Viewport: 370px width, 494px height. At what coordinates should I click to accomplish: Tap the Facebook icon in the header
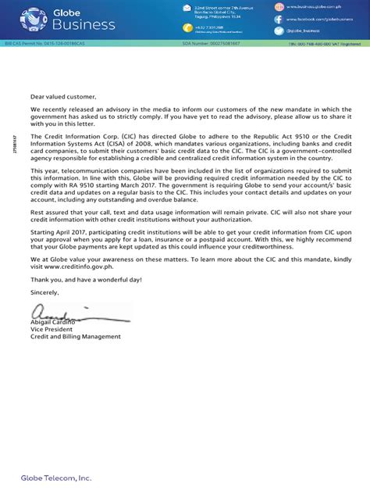point(278,19)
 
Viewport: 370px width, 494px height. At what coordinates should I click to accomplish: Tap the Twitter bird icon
point(278,30)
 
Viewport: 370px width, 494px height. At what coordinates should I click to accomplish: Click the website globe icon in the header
point(278,7)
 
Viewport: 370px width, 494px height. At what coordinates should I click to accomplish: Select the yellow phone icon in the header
point(187,27)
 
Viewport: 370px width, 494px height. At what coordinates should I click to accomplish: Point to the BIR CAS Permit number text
point(38,44)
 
